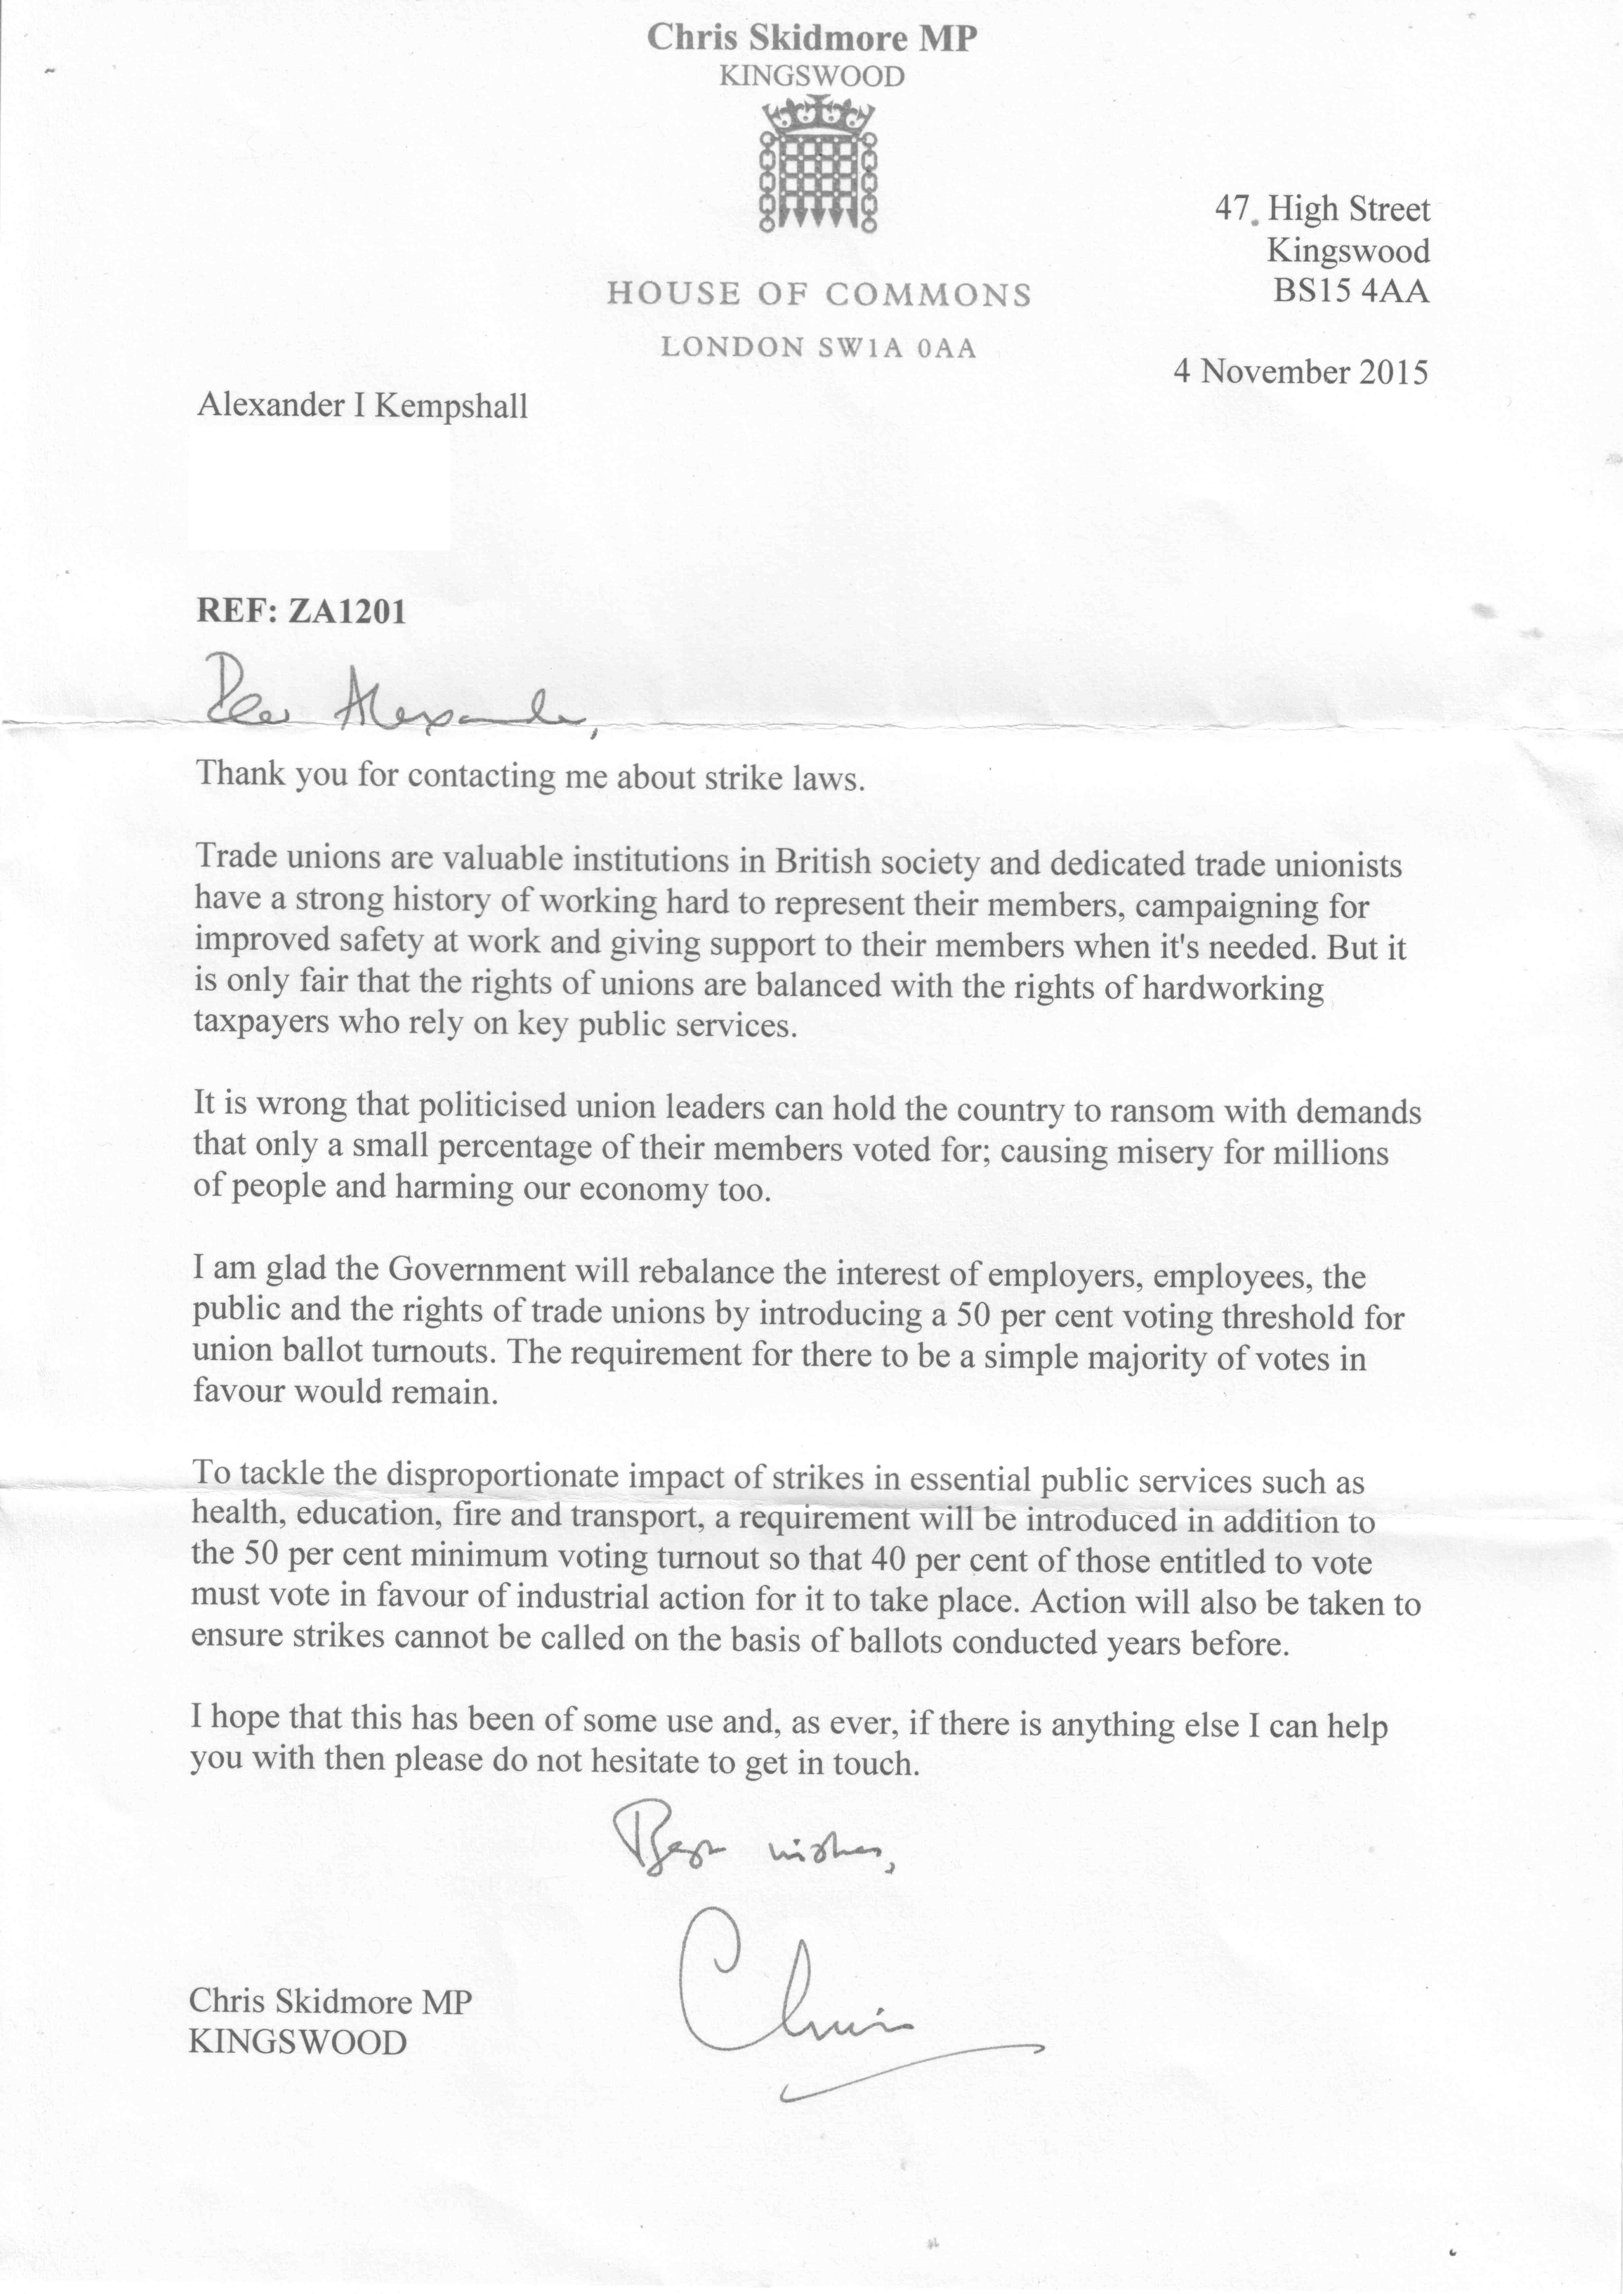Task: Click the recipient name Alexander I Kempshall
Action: pos(362,406)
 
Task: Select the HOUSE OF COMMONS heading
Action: pos(818,294)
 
